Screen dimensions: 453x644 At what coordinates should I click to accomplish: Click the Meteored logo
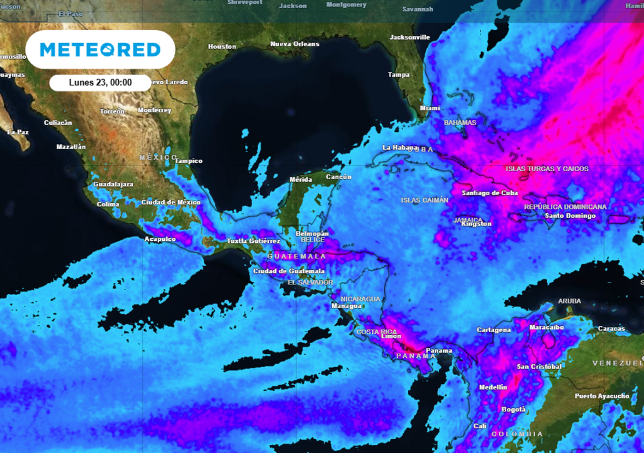click(x=100, y=49)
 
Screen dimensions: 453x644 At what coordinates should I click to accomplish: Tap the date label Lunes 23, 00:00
click(x=100, y=82)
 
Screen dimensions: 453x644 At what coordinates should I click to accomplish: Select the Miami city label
click(x=430, y=108)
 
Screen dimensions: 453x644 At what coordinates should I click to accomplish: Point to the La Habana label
click(x=400, y=148)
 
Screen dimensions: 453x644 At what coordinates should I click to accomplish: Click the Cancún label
click(x=338, y=177)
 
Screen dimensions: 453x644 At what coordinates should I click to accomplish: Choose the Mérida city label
click(x=300, y=180)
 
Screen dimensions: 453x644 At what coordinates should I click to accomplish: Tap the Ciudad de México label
click(x=170, y=203)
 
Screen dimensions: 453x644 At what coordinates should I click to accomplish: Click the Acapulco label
click(x=160, y=239)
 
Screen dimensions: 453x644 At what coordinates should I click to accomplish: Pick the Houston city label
click(x=222, y=47)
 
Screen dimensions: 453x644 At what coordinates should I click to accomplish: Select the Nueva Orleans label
click(x=294, y=44)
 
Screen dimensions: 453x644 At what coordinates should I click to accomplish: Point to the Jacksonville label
click(x=409, y=37)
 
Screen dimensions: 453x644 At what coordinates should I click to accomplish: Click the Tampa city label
click(x=399, y=75)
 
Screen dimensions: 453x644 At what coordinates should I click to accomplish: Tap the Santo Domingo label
click(x=570, y=216)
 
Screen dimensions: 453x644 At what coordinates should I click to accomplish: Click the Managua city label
click(x=347, y=306)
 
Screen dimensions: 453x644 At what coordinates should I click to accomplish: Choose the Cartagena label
click(x=494, y=330)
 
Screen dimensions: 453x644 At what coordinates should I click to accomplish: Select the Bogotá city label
click(x=513, y=410)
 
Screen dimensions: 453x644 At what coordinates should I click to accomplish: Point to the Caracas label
click(x=611, y=328)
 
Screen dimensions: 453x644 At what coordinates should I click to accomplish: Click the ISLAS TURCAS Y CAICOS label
click(x=547, y=169)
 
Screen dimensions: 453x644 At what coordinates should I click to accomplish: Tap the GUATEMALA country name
click(x=297, y=257)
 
